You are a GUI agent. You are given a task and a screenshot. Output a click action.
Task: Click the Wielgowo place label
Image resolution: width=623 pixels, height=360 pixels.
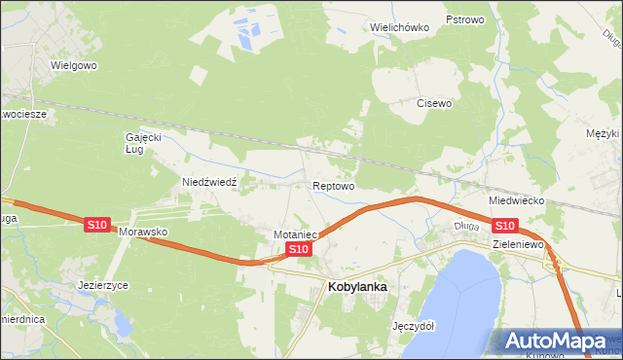(x=76, y=66)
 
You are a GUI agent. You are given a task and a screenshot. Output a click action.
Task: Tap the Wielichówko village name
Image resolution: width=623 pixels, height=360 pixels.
(x=400, y=27)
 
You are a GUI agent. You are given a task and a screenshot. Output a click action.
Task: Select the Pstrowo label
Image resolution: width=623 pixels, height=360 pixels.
(x=464, y=19)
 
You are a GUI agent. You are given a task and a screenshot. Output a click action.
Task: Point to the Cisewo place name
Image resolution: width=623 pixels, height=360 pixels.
(x=435, y=103)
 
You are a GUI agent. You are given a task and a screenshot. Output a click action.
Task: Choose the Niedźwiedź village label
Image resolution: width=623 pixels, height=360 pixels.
(x=217, y=182)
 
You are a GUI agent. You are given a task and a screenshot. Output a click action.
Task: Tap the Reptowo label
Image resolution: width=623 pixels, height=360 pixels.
(x=333, y=185)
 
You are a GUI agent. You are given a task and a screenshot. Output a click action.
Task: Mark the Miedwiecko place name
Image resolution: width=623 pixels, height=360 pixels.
(x=516, y=200)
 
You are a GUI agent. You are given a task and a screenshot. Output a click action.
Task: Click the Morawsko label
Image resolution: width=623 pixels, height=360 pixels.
(x=144, y=234)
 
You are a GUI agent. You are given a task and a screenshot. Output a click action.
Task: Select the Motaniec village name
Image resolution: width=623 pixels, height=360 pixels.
(x=296, y=234)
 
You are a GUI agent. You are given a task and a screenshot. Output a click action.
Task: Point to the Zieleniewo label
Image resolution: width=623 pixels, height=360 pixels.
(x=517, y=244)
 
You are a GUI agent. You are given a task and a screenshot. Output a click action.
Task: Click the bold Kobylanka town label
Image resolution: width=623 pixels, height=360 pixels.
(x=358, y=287)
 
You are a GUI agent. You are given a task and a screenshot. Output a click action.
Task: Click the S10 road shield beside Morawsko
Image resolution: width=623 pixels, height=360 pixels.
(x=96, y=225)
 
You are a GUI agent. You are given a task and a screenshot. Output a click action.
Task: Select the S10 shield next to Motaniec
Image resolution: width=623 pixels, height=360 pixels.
(x=299, y=250)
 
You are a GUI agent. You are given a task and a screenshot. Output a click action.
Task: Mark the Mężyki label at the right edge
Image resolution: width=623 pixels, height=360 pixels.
(x=604, y=133)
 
